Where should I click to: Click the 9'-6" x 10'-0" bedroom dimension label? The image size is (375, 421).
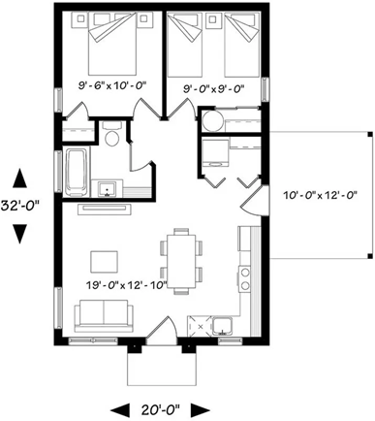[112, 85]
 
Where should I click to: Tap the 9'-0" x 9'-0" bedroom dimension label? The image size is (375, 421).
[213, 88]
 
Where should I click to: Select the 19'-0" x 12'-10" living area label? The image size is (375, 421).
[127, 285]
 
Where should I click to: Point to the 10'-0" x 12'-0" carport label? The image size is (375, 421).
[320, 195]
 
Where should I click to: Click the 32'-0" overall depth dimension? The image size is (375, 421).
[20, 206]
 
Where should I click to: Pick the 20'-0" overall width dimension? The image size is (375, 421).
[160, 410]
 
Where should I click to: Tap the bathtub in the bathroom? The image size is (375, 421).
[77, 172]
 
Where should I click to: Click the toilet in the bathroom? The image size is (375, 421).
[112, 134]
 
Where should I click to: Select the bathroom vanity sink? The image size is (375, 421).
[108, 189]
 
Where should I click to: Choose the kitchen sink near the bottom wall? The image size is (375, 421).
[222, 327]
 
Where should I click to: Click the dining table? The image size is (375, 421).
[180, 261]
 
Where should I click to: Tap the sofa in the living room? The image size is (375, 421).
[104, 315]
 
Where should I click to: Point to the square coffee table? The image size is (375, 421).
[104, 262]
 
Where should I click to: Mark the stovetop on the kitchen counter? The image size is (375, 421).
[244, 279]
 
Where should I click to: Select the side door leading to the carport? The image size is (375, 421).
[254, 201]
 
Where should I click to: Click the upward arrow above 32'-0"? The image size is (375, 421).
[20, 178]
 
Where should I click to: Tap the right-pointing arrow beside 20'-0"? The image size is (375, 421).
[201, 410]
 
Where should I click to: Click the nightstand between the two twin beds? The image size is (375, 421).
[213, 20]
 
